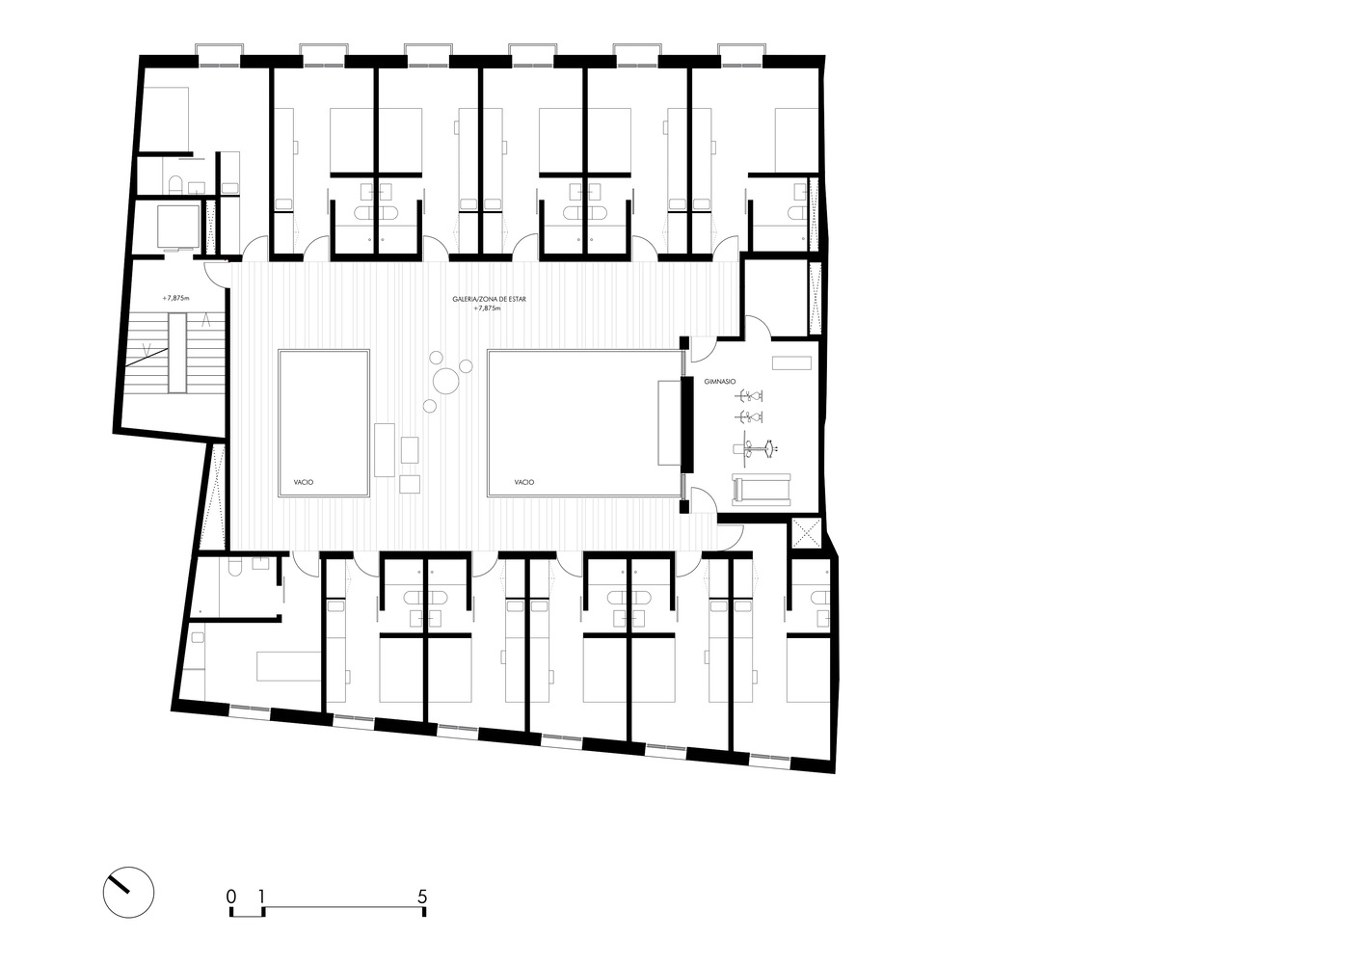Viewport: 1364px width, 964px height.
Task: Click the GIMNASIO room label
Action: tap(747, 382)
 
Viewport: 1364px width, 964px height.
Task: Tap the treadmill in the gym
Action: tap(762, 490)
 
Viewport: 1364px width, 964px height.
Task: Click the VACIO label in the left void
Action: tap(304, 482)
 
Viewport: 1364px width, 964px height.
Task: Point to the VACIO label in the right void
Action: tap(523, 482)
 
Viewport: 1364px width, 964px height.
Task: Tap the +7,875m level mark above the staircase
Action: tap(176, 299)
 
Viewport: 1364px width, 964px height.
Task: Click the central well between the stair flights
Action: tap(177, 352)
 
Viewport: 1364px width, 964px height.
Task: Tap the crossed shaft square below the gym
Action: tap(805, 533)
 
